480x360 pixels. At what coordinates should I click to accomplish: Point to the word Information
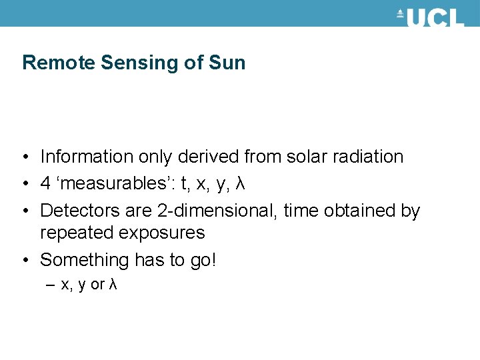(87, 157)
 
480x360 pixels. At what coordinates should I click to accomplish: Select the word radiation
(371, 157)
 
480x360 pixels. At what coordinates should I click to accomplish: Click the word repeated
(78, 233)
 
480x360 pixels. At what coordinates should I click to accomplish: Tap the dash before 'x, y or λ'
(52, 285)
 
